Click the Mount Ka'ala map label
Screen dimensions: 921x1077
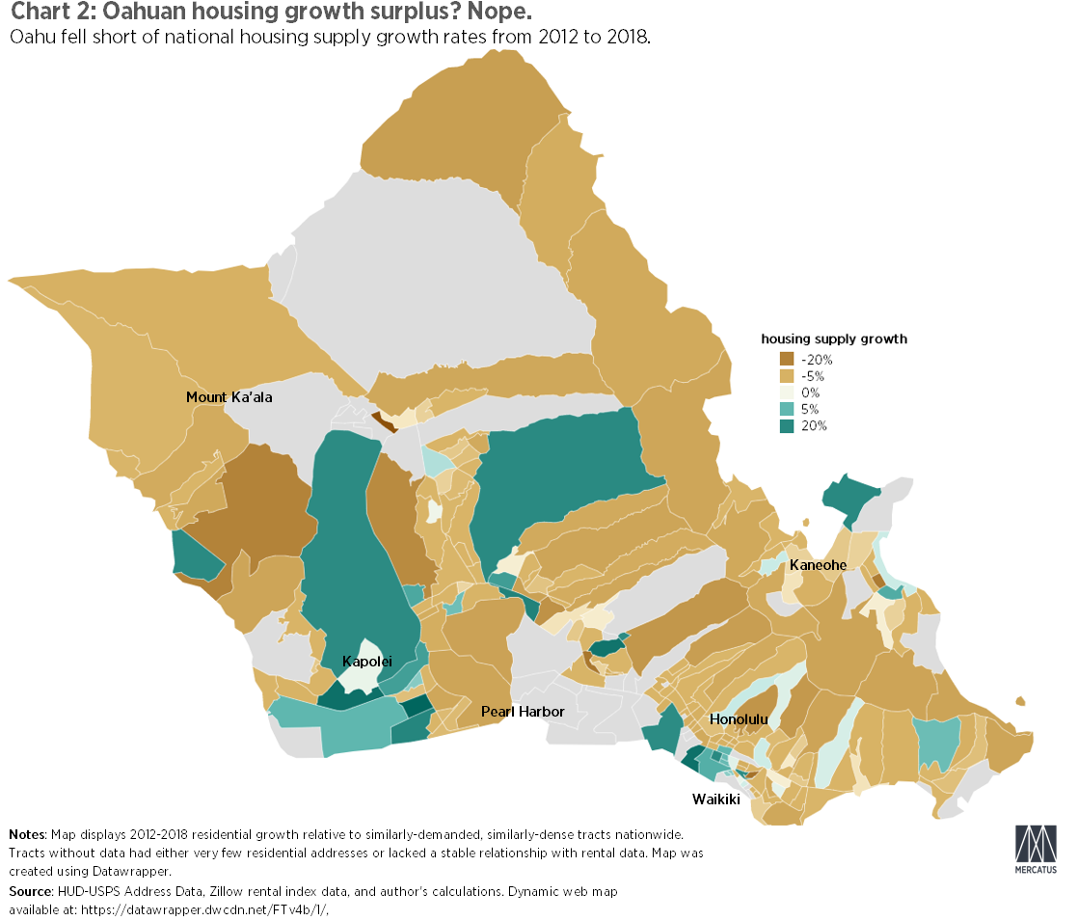(229, 397)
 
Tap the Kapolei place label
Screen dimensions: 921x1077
(367, 662)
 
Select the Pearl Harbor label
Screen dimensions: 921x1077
(522, 712)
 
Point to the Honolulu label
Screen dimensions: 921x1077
(739, 719)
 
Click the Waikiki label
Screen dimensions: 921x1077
(716, 799)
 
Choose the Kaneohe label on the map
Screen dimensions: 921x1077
(818, 564)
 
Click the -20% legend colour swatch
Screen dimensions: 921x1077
(787, 359)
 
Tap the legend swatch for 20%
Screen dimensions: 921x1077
(787, 425)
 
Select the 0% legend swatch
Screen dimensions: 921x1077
(787, 393)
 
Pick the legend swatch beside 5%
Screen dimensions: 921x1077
(787, 409)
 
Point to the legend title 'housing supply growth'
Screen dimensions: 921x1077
(834, 339)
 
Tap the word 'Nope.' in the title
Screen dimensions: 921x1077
(500, 14)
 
